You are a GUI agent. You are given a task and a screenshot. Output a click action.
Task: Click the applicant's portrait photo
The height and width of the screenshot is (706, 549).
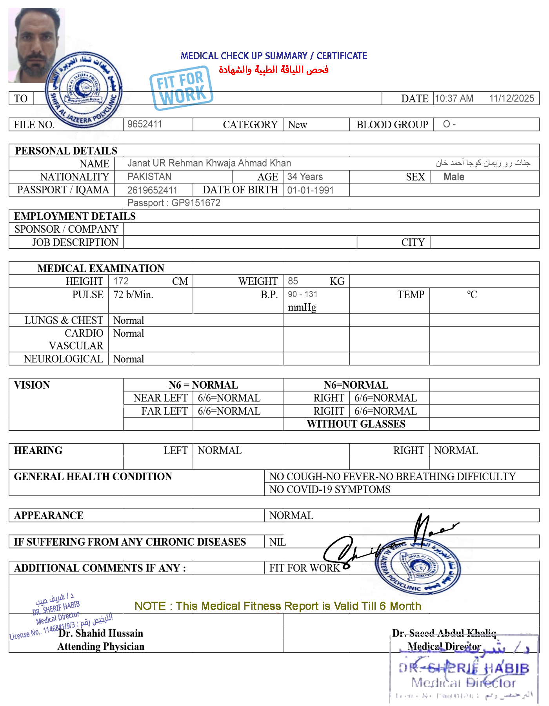coord(36,45)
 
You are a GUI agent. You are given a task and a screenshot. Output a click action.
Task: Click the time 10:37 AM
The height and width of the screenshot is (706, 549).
coord(454,98)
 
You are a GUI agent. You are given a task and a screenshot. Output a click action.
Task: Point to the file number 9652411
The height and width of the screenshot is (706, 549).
coord(145,124)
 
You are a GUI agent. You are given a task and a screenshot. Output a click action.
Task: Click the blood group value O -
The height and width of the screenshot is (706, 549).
coord(449,124)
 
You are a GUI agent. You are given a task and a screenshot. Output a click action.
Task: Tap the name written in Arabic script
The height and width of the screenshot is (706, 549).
coord(483,163)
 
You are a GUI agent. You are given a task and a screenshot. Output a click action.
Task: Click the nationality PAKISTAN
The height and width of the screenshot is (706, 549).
coord(149,176)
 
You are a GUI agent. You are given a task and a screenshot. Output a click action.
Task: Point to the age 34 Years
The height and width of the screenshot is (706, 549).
coord(305,176)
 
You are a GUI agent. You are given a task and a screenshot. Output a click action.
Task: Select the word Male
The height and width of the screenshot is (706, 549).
coord(454,177)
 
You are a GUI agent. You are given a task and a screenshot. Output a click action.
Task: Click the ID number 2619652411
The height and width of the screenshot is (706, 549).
coord(152,190)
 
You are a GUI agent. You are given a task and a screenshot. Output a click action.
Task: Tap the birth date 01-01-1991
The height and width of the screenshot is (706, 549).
coord(310,190)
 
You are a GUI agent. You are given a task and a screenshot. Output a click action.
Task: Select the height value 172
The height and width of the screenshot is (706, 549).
coord(121,281)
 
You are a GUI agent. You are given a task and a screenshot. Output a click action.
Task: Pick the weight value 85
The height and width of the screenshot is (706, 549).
coord(293,281)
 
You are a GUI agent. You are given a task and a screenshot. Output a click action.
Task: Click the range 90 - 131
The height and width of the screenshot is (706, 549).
coord(302,294)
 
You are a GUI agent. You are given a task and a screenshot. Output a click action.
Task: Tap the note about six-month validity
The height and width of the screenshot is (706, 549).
coord(277,606)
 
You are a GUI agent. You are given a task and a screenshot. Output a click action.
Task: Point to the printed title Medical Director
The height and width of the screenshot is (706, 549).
coord(444,646)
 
